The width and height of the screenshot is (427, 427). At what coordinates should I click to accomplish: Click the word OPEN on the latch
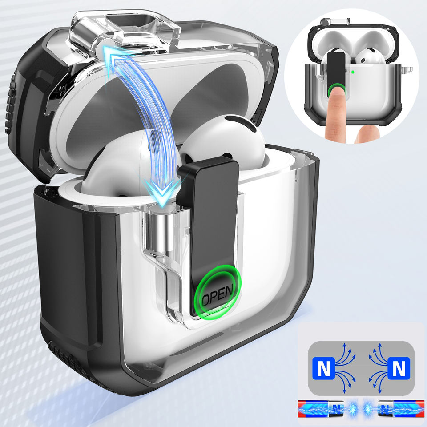(218, 295)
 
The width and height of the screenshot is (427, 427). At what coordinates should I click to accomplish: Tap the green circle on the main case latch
(218, 291)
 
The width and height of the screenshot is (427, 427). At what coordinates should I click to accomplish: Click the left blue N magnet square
(323, 368)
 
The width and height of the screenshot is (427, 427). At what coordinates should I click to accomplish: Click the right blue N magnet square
(399, 368)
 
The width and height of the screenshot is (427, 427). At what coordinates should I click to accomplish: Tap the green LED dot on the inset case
(353, 72)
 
